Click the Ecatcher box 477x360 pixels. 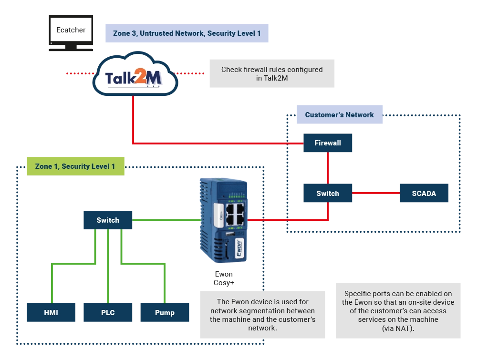click(71, 30)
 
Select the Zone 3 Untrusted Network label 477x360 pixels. click(187, 34)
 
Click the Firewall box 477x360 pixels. click(328, 143)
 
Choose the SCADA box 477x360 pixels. click(424, 194)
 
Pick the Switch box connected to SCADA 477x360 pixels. click(328, 194)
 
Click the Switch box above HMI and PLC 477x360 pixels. click(108, 220)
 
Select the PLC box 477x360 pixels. click(108, 313)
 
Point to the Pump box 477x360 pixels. click(165, 313)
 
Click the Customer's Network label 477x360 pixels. click(339, 115)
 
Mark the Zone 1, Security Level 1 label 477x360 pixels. click(75, 166)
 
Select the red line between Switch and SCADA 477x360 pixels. click(376, 193)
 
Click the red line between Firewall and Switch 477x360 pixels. click(328, 168)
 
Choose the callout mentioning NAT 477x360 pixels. click(398, 311)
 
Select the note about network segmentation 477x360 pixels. click(263, 315)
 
